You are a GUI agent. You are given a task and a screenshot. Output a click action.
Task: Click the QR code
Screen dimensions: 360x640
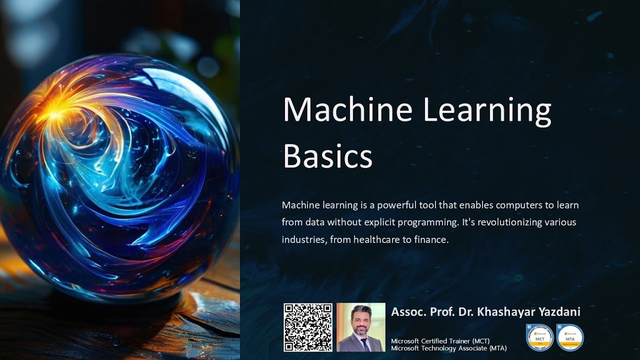[x=308, y=327]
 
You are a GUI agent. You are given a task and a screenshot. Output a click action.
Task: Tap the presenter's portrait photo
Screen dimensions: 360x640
[x=360, y=327]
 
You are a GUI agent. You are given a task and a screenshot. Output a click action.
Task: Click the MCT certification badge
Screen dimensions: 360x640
[x=539, y=337]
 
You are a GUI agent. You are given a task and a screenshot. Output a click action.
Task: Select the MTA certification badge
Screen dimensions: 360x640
[x=570, y=337]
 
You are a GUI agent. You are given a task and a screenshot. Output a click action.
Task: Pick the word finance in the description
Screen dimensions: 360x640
[x=431, y=239]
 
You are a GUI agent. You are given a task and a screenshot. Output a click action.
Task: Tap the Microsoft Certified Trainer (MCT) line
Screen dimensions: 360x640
[x=440, y=341]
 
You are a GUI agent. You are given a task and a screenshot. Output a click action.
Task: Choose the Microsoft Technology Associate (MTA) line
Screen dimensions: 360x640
[x=448, y=348]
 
